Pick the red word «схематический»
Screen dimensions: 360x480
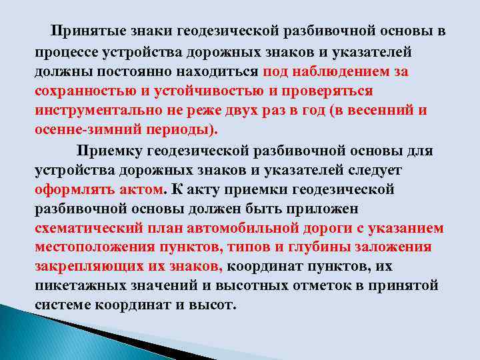[87, 228]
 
